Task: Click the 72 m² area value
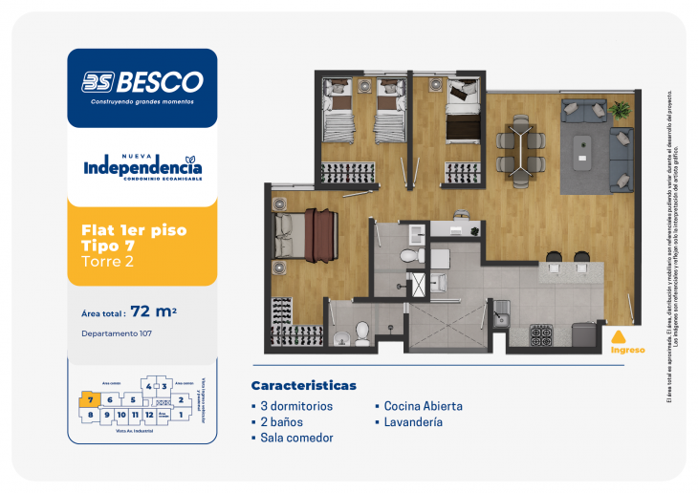point(154,311)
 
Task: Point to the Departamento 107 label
point(118,333)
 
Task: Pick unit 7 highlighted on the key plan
point(89,399)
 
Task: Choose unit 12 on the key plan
point(150,415)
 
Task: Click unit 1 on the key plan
point(181,415)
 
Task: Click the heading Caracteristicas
point(303,386)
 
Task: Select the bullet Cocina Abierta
point(424,406)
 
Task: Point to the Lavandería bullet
point(413,421)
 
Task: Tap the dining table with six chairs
point(521,148)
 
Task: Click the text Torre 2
point(106,262)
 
